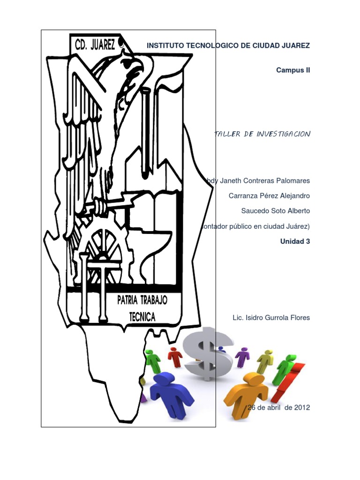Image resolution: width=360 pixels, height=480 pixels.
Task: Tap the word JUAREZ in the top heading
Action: [295, 45]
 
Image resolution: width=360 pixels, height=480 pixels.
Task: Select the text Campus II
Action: [293, 70]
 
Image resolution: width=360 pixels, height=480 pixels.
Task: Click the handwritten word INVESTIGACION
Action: [284, 134]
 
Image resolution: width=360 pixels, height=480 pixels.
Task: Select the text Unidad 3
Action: [295, 241]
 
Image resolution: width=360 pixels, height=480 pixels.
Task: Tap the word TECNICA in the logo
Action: [142, 317]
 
